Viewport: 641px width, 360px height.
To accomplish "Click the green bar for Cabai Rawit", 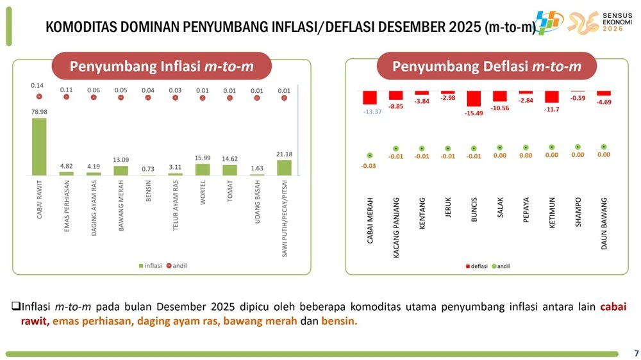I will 39,146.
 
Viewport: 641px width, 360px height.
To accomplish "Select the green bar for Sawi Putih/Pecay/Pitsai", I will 284,167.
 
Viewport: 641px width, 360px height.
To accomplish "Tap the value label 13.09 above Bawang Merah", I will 121,160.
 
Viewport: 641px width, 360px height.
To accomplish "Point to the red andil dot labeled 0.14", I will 39,97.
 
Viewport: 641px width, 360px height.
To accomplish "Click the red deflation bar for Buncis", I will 474,99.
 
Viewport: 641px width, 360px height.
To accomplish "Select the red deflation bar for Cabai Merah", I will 370,97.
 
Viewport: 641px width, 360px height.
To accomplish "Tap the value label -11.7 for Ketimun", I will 552,110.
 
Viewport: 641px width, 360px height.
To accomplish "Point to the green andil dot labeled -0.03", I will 370,155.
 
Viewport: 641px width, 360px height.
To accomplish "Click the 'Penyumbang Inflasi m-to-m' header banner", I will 162,67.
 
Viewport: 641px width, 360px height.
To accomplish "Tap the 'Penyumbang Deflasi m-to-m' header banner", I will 487,67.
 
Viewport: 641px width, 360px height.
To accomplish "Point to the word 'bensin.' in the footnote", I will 339,320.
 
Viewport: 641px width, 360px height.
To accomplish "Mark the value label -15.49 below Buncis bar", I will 474,113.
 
